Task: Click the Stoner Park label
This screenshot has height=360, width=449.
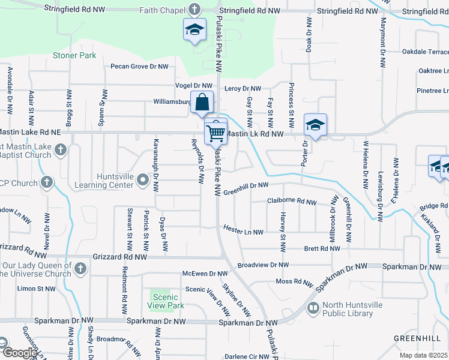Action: pos(74,55)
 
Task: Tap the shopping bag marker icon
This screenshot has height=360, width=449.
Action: pos(203,103)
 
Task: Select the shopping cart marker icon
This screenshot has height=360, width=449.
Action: pos(215,131)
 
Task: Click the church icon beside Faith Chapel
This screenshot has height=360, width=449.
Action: pos(194,10)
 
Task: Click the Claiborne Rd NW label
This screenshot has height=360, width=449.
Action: pos(291,202)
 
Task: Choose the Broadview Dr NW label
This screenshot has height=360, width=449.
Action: pos(263,265)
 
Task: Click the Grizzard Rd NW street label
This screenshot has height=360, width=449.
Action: pos(120,256)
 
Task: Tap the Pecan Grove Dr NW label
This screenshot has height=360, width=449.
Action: pos(139,67)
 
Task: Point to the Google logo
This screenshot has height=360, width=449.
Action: pos(20,353)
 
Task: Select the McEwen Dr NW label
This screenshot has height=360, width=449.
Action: pos(205,274)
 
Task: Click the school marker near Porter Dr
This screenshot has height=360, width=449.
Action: pos(315,125)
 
